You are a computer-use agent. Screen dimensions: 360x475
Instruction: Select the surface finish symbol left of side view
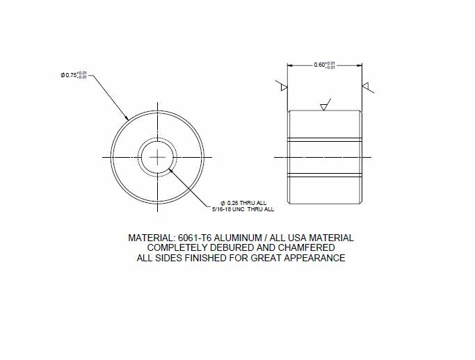point(282,88)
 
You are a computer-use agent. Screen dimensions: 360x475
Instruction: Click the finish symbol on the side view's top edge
point(323,106)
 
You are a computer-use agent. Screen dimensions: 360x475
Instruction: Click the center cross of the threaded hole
point(159,158)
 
